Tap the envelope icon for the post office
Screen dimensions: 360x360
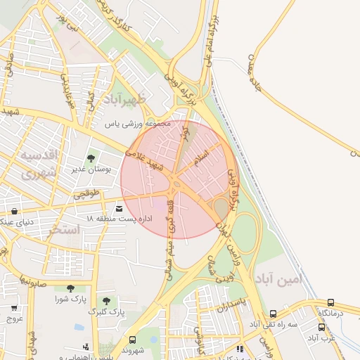coord(118,209)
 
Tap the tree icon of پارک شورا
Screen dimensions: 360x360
coord(70,288)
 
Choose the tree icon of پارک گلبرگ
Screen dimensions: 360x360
coord(108,300)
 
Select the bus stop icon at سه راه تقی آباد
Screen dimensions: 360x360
coord(273,314)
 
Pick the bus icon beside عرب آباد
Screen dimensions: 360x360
coord(322,327)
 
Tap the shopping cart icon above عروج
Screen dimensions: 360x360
coord(14,307)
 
